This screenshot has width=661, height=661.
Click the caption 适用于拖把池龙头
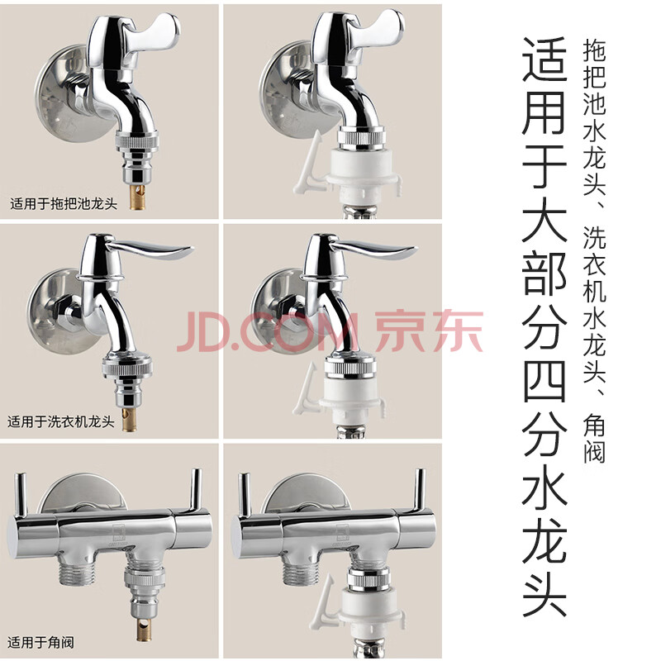click(64, 204)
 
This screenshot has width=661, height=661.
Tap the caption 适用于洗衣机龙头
click(61, 421)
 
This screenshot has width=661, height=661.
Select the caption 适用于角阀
click(40, 643)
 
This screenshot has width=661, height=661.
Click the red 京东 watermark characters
click(429, 331)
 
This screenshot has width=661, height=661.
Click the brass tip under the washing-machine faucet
click(130, 419)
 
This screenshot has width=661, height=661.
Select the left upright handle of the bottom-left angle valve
click(20, 494)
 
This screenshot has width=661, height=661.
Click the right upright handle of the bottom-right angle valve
click(418, 490)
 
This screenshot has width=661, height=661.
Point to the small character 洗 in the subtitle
click(594, 238)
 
